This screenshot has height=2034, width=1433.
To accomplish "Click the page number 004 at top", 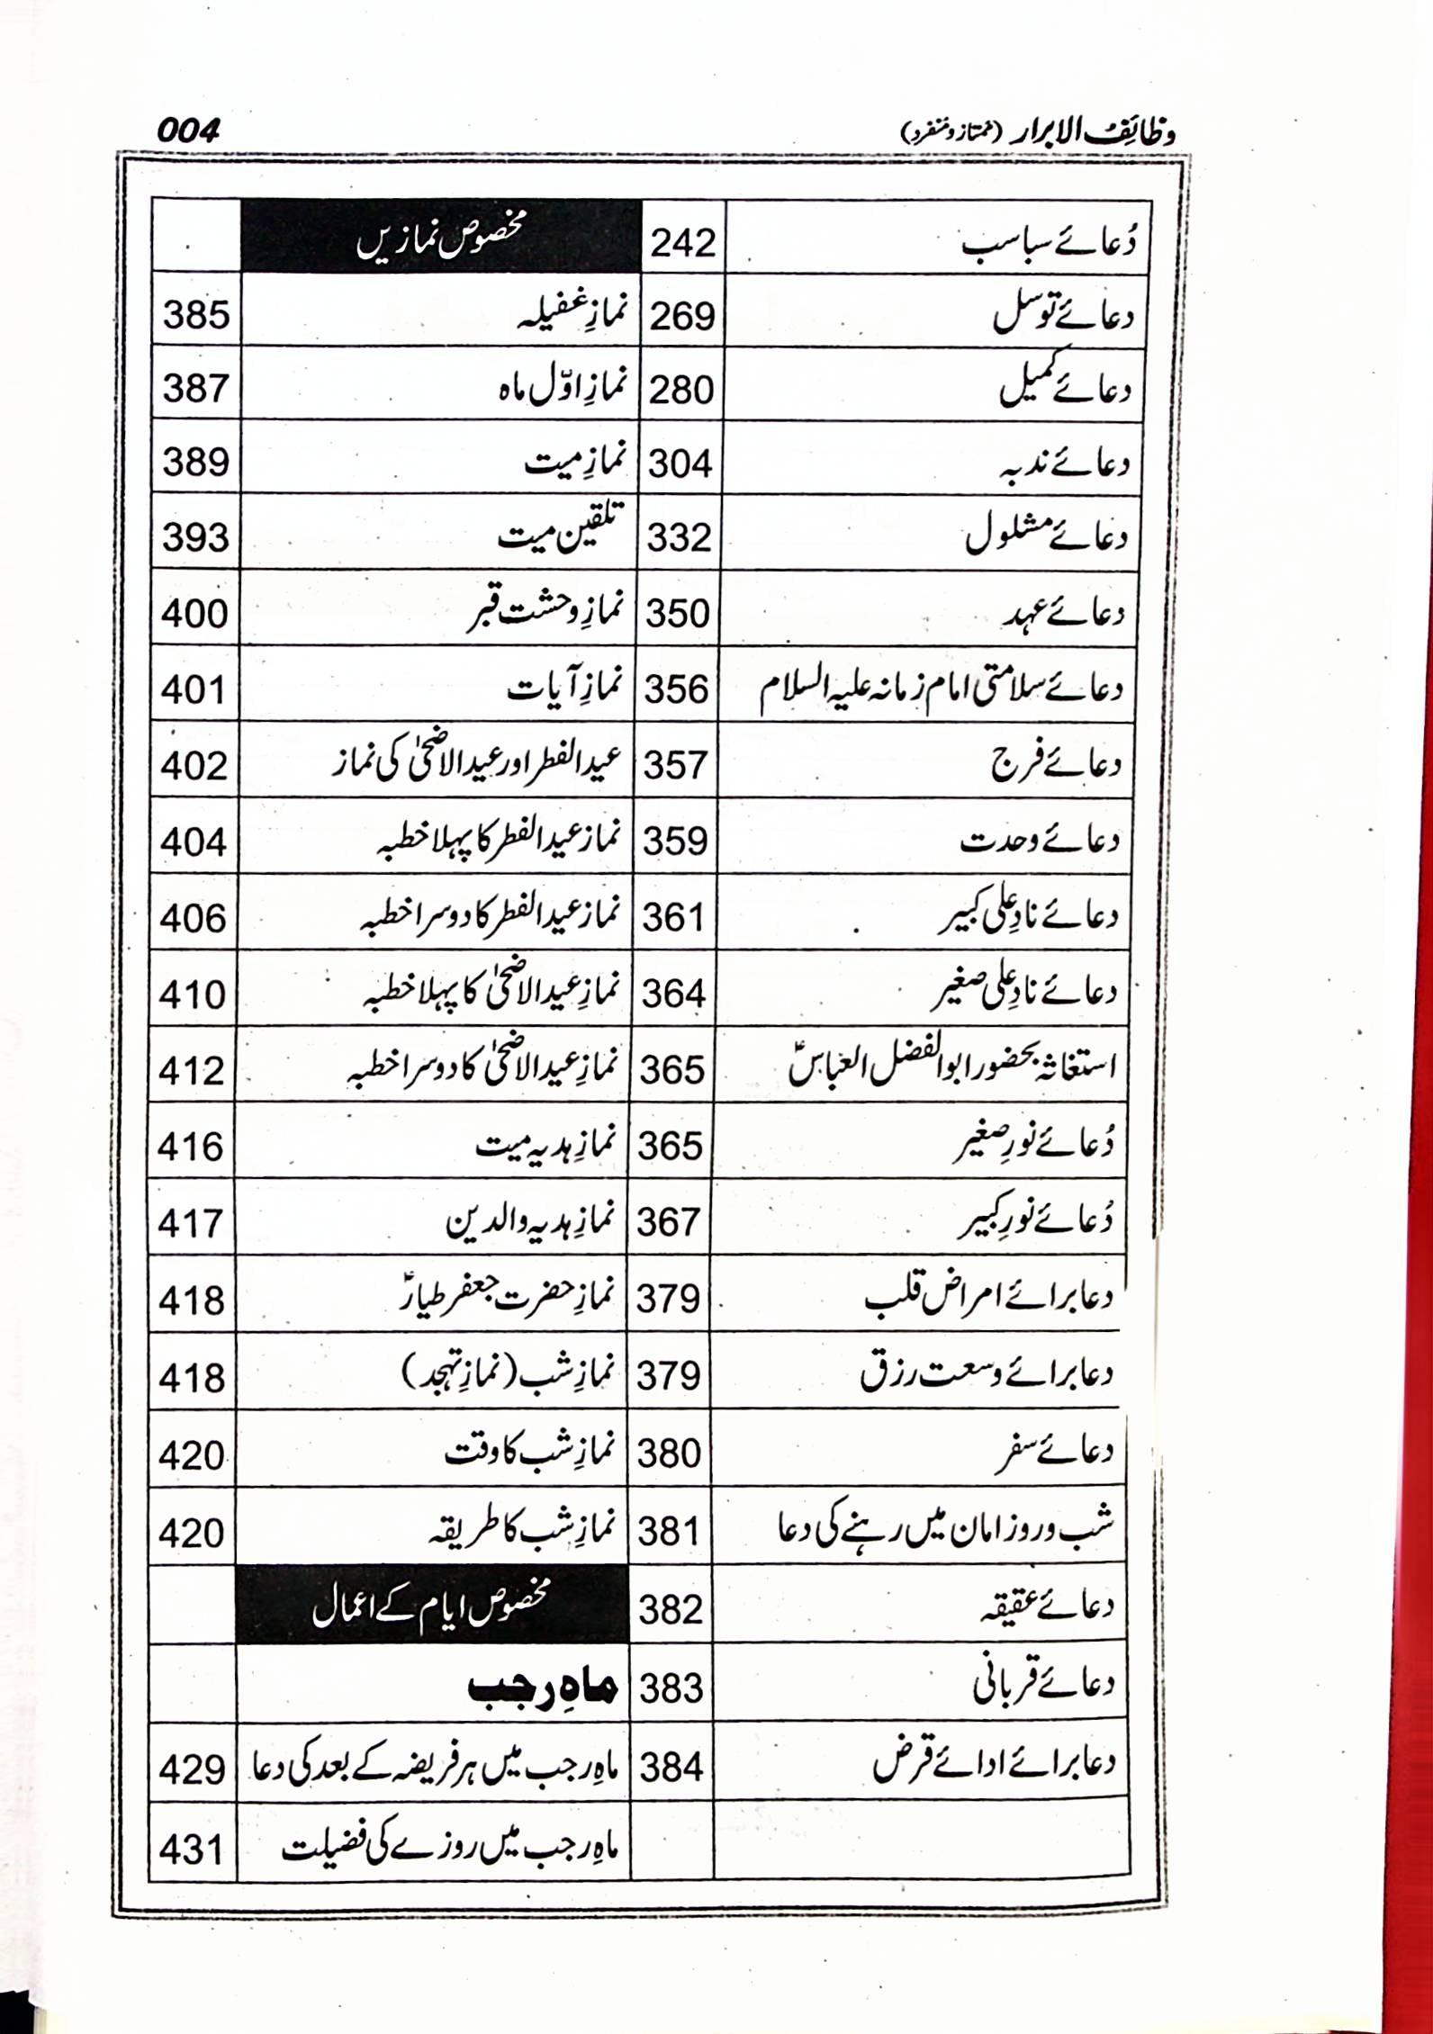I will [188, 131].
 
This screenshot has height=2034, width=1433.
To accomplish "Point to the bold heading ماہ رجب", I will [541, 1687].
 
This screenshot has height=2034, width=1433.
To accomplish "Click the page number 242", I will [682, 243].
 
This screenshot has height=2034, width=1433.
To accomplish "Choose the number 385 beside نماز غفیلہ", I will [196, 316].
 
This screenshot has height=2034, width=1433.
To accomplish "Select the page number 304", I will [680, 463].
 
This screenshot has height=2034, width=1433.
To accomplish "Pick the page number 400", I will [194, 614].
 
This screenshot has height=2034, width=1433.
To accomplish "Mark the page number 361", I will [674, 918].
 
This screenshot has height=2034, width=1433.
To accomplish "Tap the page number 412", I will [192, 1071].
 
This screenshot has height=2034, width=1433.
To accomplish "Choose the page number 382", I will [671, 1609].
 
